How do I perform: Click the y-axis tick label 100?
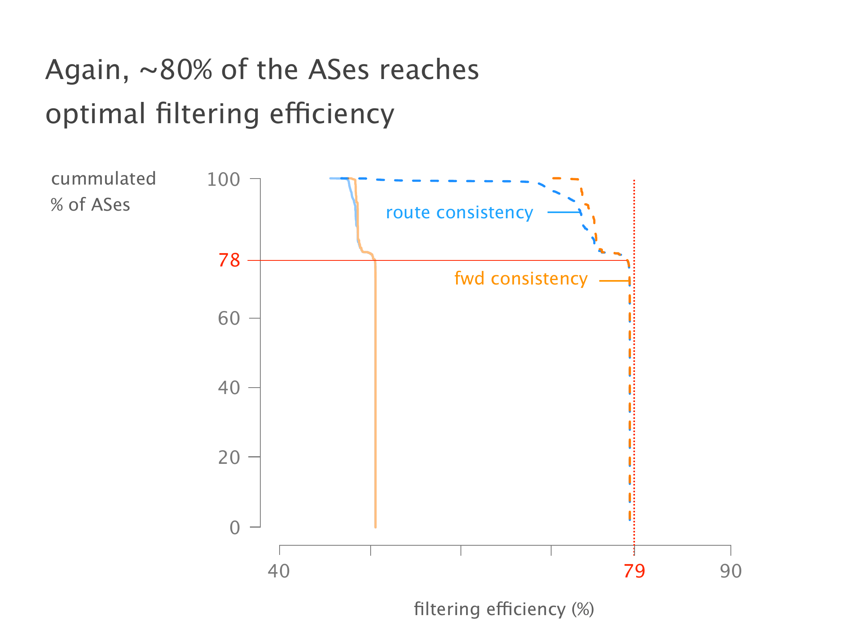(x=223, y=180)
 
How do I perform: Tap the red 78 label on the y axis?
(x=229, y=261)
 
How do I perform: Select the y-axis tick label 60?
(x=229, y=319)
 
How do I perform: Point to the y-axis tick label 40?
(x=229, y=388)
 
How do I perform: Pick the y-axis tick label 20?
(x=229, y=458)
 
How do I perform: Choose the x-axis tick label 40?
(x=279, y=571)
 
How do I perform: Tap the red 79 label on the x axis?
(x=634, y=571)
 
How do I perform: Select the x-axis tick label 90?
(x=730, y=571)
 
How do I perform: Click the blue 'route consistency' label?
(x=459, y=213)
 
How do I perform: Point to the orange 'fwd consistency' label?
(x=521, y=279)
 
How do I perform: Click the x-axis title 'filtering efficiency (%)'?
(x=504, y=609)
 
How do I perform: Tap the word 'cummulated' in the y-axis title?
(x=103, y=179)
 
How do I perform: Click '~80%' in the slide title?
(x=176, y=70)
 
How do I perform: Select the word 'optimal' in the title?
(x=95, y=114)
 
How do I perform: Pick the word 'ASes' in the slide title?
(x=338, y=70)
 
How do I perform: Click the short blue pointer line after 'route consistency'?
(x=564, y=212)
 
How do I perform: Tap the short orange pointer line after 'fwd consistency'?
(x=614, y=281)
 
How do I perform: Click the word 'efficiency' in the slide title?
(x=332, y=114)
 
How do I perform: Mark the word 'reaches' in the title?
(x=429, y=70)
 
